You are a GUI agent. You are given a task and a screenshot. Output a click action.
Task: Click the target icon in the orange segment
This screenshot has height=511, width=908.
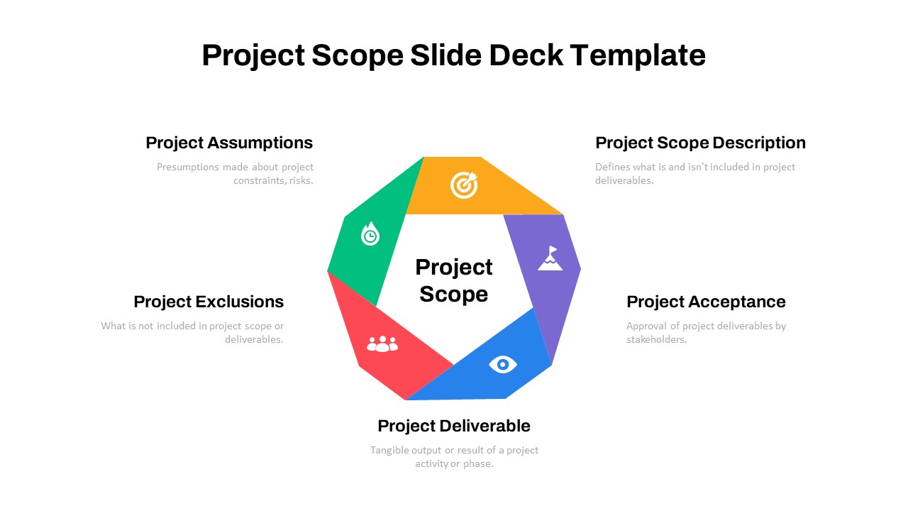tap(464, 185)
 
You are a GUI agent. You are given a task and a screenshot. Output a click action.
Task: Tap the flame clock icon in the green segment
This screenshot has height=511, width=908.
tap(370, 234)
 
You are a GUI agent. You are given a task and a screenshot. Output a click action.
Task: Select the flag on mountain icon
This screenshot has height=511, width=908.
tap(550, 258)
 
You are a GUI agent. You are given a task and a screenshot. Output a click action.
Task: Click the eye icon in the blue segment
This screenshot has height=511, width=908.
tap(503, 365)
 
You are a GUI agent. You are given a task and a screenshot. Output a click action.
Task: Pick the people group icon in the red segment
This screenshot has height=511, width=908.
tap(382, 344)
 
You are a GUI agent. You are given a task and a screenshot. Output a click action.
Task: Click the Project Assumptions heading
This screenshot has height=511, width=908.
tap(229, 143)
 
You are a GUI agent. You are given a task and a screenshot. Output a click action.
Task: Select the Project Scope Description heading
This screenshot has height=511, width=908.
tap(700, 143)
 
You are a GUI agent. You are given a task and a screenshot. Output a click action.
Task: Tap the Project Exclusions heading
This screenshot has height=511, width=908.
tap(209, 302)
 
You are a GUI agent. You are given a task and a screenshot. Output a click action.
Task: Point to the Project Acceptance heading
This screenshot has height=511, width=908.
tap(706, 302)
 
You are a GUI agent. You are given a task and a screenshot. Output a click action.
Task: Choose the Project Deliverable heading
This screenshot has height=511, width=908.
tap(454, 427)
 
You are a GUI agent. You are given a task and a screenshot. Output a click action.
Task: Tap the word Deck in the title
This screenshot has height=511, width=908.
tap(526, 55)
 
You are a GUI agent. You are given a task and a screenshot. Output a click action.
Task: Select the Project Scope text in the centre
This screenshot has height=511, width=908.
tap(454, 280)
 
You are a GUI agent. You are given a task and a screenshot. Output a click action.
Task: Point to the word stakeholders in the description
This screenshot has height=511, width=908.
tap(657, 339)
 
